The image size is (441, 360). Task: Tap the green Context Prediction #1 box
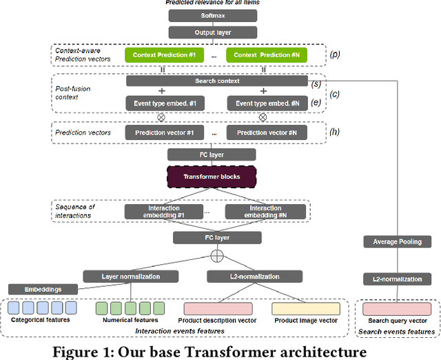click(166, 54)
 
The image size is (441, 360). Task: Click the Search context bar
click(216, 81)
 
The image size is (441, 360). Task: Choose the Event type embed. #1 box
click(166, 103)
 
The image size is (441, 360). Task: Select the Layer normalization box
click(130, 277)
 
